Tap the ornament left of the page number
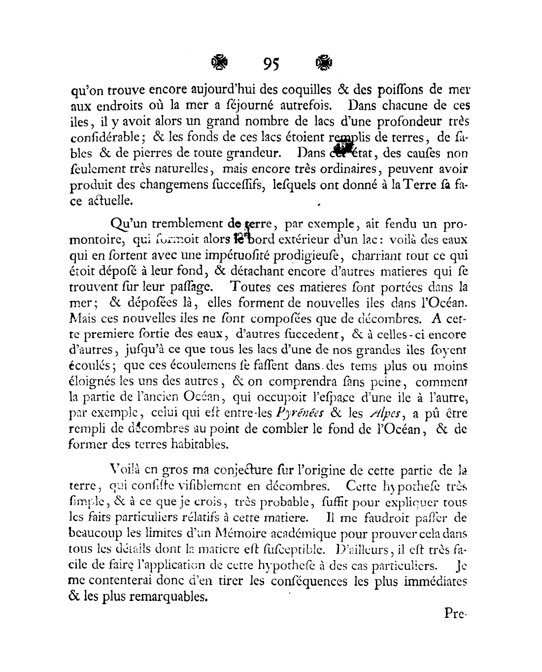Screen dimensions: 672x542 (219, 63)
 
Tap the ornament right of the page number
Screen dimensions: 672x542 (323, 63)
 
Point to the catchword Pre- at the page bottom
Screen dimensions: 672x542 (455, 613)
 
